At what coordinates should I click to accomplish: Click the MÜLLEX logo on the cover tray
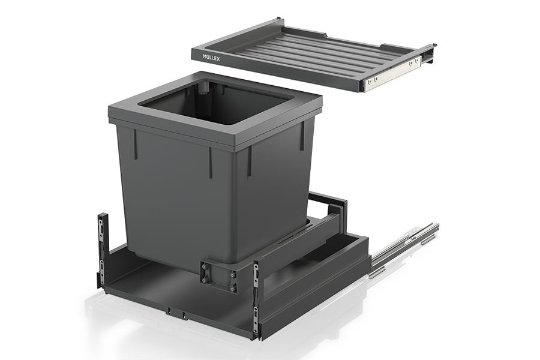click(211, 57)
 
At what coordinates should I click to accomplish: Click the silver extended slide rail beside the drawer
click(405, 248)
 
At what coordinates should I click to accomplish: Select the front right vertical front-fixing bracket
click(256, 298)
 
